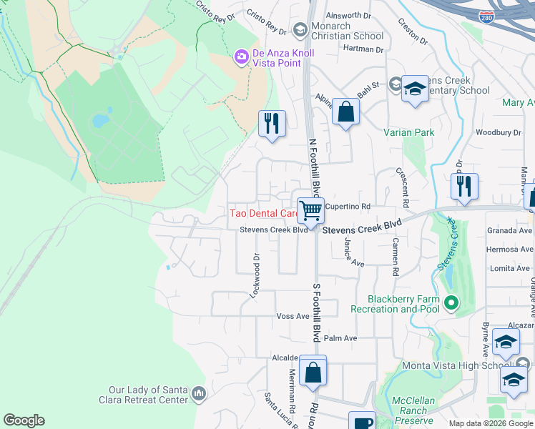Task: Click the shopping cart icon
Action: (x=311, y=210)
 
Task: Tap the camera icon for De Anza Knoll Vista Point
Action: (x=242, y=55)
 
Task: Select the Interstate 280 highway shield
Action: (x=486, y=15)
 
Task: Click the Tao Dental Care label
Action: (x=263, y=213)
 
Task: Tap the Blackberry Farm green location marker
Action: (x=451, y=303)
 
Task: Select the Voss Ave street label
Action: (x=292, y=316)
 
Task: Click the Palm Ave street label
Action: (x=340, y=338)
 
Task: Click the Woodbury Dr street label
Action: (x=499, y=132)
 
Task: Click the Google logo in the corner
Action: (x=24, y=420)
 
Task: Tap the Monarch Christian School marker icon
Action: (x=300, y=29)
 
